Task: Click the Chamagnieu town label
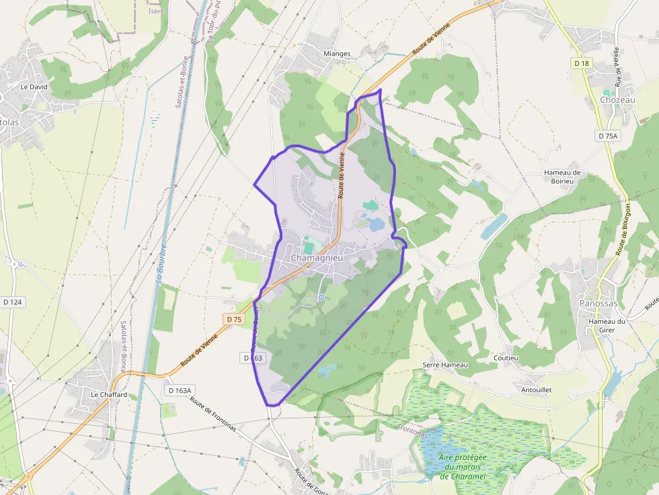coord(317,258)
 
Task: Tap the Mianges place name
coord(337,54)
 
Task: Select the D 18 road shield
coord(581,62)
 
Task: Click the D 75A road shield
coord(607,136)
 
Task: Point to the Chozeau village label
coord(617,100)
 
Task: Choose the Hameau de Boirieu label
coord(561,177)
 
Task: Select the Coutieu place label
coord(506,358)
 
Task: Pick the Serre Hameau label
coord(444,365)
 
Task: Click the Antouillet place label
coord(536,390)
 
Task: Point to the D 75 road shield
coord(233,320)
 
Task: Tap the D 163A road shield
coord(180,390)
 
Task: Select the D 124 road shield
coord(12,302)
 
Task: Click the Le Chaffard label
coord(109,395)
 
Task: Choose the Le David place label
coord(34,87)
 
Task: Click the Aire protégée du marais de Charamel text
coord(463,467)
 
